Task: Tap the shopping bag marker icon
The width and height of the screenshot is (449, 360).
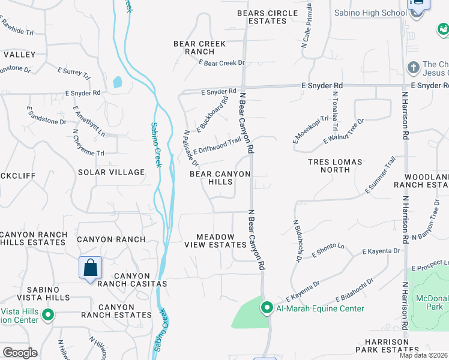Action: (x=90, y=267)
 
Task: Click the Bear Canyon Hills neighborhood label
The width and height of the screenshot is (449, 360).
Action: (x=220, y=178)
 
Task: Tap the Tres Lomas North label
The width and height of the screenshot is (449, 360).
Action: (x=335, y=166)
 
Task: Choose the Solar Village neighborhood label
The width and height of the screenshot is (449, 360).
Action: (x=111, y=172)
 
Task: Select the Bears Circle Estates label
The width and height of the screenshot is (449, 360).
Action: (x=267, y=17)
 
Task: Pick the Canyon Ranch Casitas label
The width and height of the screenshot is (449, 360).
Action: (x=131, y=280)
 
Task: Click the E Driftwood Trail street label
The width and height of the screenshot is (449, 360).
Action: (x=217, y=145)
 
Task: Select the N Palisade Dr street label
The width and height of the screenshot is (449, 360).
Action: (x=191, y=149)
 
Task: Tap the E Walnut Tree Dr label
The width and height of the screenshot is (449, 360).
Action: (x=344, y=131)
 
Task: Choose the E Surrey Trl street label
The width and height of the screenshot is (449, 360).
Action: (x=73, y=74)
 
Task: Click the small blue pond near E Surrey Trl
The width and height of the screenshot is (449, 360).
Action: (x=117, y=82)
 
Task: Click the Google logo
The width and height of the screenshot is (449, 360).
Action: (x=20, y=353)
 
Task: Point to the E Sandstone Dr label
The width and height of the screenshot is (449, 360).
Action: (x=46, y=116)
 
